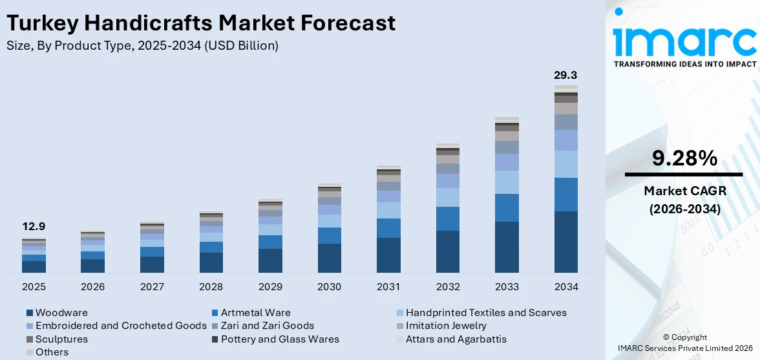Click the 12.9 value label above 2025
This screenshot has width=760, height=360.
[34, 227]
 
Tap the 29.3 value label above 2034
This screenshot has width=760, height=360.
[566, 76]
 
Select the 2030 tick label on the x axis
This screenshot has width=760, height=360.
[330, 287]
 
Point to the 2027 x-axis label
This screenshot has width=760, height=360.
[153, 287]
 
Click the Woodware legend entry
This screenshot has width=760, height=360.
[57, 313]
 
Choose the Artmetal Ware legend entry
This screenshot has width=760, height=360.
[251, 313]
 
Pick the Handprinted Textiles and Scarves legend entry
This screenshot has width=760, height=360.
[482, 313]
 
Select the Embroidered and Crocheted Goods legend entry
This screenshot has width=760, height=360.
[116, 326]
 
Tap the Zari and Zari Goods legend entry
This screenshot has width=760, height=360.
[263, 326]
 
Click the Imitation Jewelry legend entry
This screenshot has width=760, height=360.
[441, 326]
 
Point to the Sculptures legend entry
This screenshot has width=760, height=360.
[57, 339]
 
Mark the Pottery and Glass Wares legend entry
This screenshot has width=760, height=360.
[275, 339]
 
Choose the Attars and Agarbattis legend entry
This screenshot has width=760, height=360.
[452, 339]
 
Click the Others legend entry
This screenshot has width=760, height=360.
[48, 352]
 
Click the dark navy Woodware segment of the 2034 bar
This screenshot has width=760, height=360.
[566, 242]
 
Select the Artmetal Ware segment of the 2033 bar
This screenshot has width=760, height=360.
[507, 208]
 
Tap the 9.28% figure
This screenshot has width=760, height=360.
[684, 159]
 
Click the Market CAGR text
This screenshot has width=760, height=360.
[685, 191]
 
